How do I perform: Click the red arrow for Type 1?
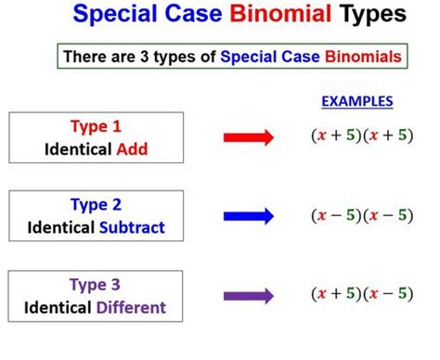[x=249, y=136]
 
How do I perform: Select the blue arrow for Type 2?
[x=249, y=215]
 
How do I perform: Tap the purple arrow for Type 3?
[x=249, y=296]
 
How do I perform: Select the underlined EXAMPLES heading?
[x=357, y=101]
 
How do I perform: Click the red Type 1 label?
[x=96, y=126]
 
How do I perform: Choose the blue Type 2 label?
[x=96, y=205]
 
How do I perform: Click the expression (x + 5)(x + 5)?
[x=361, y=135]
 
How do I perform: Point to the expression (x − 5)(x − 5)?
[x=361, y=215]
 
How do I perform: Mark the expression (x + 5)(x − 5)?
[x=361, y=295]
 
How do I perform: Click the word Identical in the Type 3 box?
[x=65, y=307]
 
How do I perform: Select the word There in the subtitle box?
[x=83, y=57]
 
